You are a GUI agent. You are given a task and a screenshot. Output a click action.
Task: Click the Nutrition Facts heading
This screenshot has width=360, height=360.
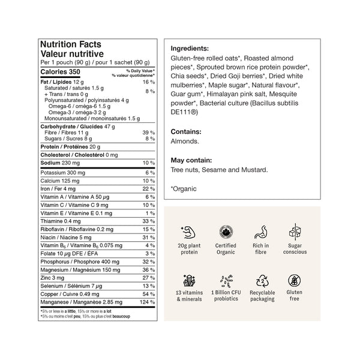[70, 44]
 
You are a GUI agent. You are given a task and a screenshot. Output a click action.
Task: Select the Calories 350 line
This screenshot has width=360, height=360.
[60, 72]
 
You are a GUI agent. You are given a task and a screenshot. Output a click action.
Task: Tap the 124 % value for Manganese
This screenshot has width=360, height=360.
[147, 302]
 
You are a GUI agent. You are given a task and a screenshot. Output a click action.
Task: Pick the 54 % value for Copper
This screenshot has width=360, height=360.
[149, 294]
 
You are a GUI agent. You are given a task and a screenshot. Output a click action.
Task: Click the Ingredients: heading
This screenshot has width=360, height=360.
[190, 49]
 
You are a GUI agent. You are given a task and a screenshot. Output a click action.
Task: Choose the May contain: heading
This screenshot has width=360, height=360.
[191, 160]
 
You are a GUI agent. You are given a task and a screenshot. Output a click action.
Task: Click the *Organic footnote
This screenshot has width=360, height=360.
[184, 188]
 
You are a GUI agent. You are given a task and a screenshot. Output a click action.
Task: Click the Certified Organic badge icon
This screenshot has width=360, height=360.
[226, 232]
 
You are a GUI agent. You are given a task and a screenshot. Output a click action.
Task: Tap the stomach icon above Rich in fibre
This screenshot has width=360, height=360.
[260, 232]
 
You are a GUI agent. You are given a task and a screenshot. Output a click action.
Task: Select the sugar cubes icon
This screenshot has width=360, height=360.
[295, 232]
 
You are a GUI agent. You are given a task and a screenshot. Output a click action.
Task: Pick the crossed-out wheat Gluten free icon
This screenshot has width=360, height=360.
[295, 281]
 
